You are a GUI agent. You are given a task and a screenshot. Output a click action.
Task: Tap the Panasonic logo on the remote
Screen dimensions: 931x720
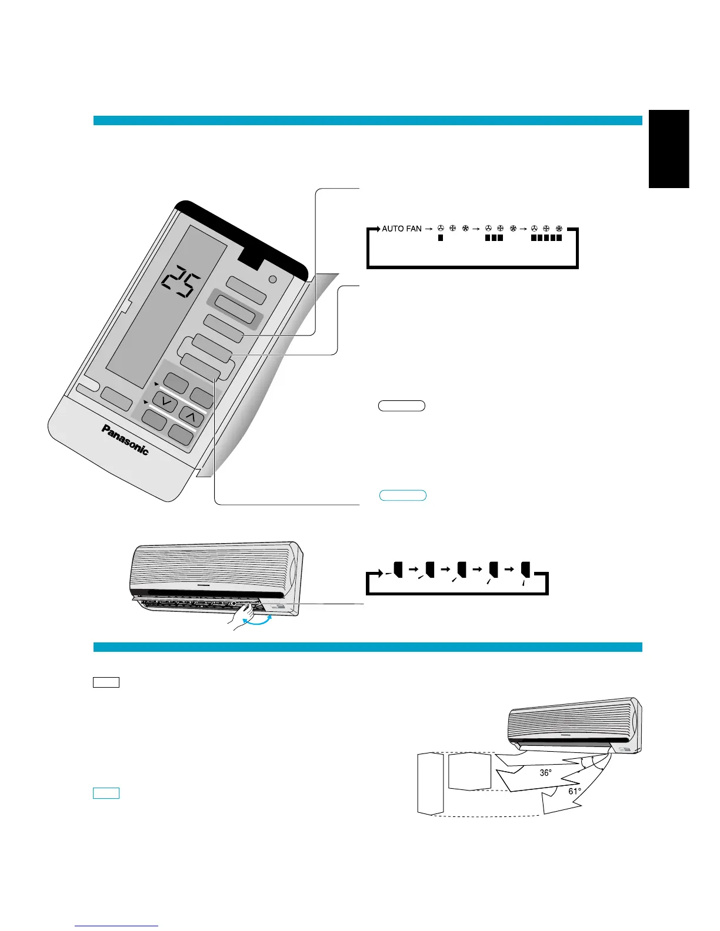tap(125, 439)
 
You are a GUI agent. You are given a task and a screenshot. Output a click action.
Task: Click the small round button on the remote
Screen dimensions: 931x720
tap(272, 280)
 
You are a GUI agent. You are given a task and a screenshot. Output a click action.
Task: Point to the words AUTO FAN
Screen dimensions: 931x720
tap(402, 229)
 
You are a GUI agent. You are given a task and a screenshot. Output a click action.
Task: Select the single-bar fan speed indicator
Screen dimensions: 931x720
tap(440, 239)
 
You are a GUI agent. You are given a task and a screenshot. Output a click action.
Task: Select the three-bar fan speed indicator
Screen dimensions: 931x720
tap(494, 239)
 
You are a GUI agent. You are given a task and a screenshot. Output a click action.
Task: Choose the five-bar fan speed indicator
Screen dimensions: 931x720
tap(546, 239)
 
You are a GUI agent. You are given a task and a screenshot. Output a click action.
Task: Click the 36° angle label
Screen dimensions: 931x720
tap(546, 773)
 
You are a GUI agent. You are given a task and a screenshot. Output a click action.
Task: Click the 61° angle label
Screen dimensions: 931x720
tap(575, 791)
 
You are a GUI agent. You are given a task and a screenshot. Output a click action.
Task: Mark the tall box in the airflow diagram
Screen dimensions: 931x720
tap(431, 783)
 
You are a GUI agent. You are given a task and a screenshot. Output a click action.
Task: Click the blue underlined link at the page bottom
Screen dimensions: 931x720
tap(116, 926)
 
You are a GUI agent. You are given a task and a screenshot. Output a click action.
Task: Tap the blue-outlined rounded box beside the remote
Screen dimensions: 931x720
tap(403, 495)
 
